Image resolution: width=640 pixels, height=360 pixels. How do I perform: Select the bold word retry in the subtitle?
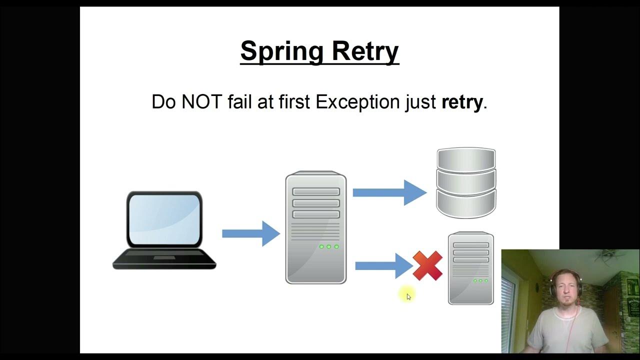point(462,102)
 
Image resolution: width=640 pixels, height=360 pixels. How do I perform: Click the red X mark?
point(427,265)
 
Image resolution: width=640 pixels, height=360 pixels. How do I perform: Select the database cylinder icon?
point(466,183)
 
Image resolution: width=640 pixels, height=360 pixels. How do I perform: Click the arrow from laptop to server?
point(250,233)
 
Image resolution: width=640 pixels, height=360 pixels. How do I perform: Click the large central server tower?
point(315,227)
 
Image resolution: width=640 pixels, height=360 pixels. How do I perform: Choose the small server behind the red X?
point(470,268)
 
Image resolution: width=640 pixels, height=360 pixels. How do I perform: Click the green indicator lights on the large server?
point(328,246)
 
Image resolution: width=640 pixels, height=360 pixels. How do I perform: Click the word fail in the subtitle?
point(239,102)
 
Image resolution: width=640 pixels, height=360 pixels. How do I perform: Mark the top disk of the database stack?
point(466,159)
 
